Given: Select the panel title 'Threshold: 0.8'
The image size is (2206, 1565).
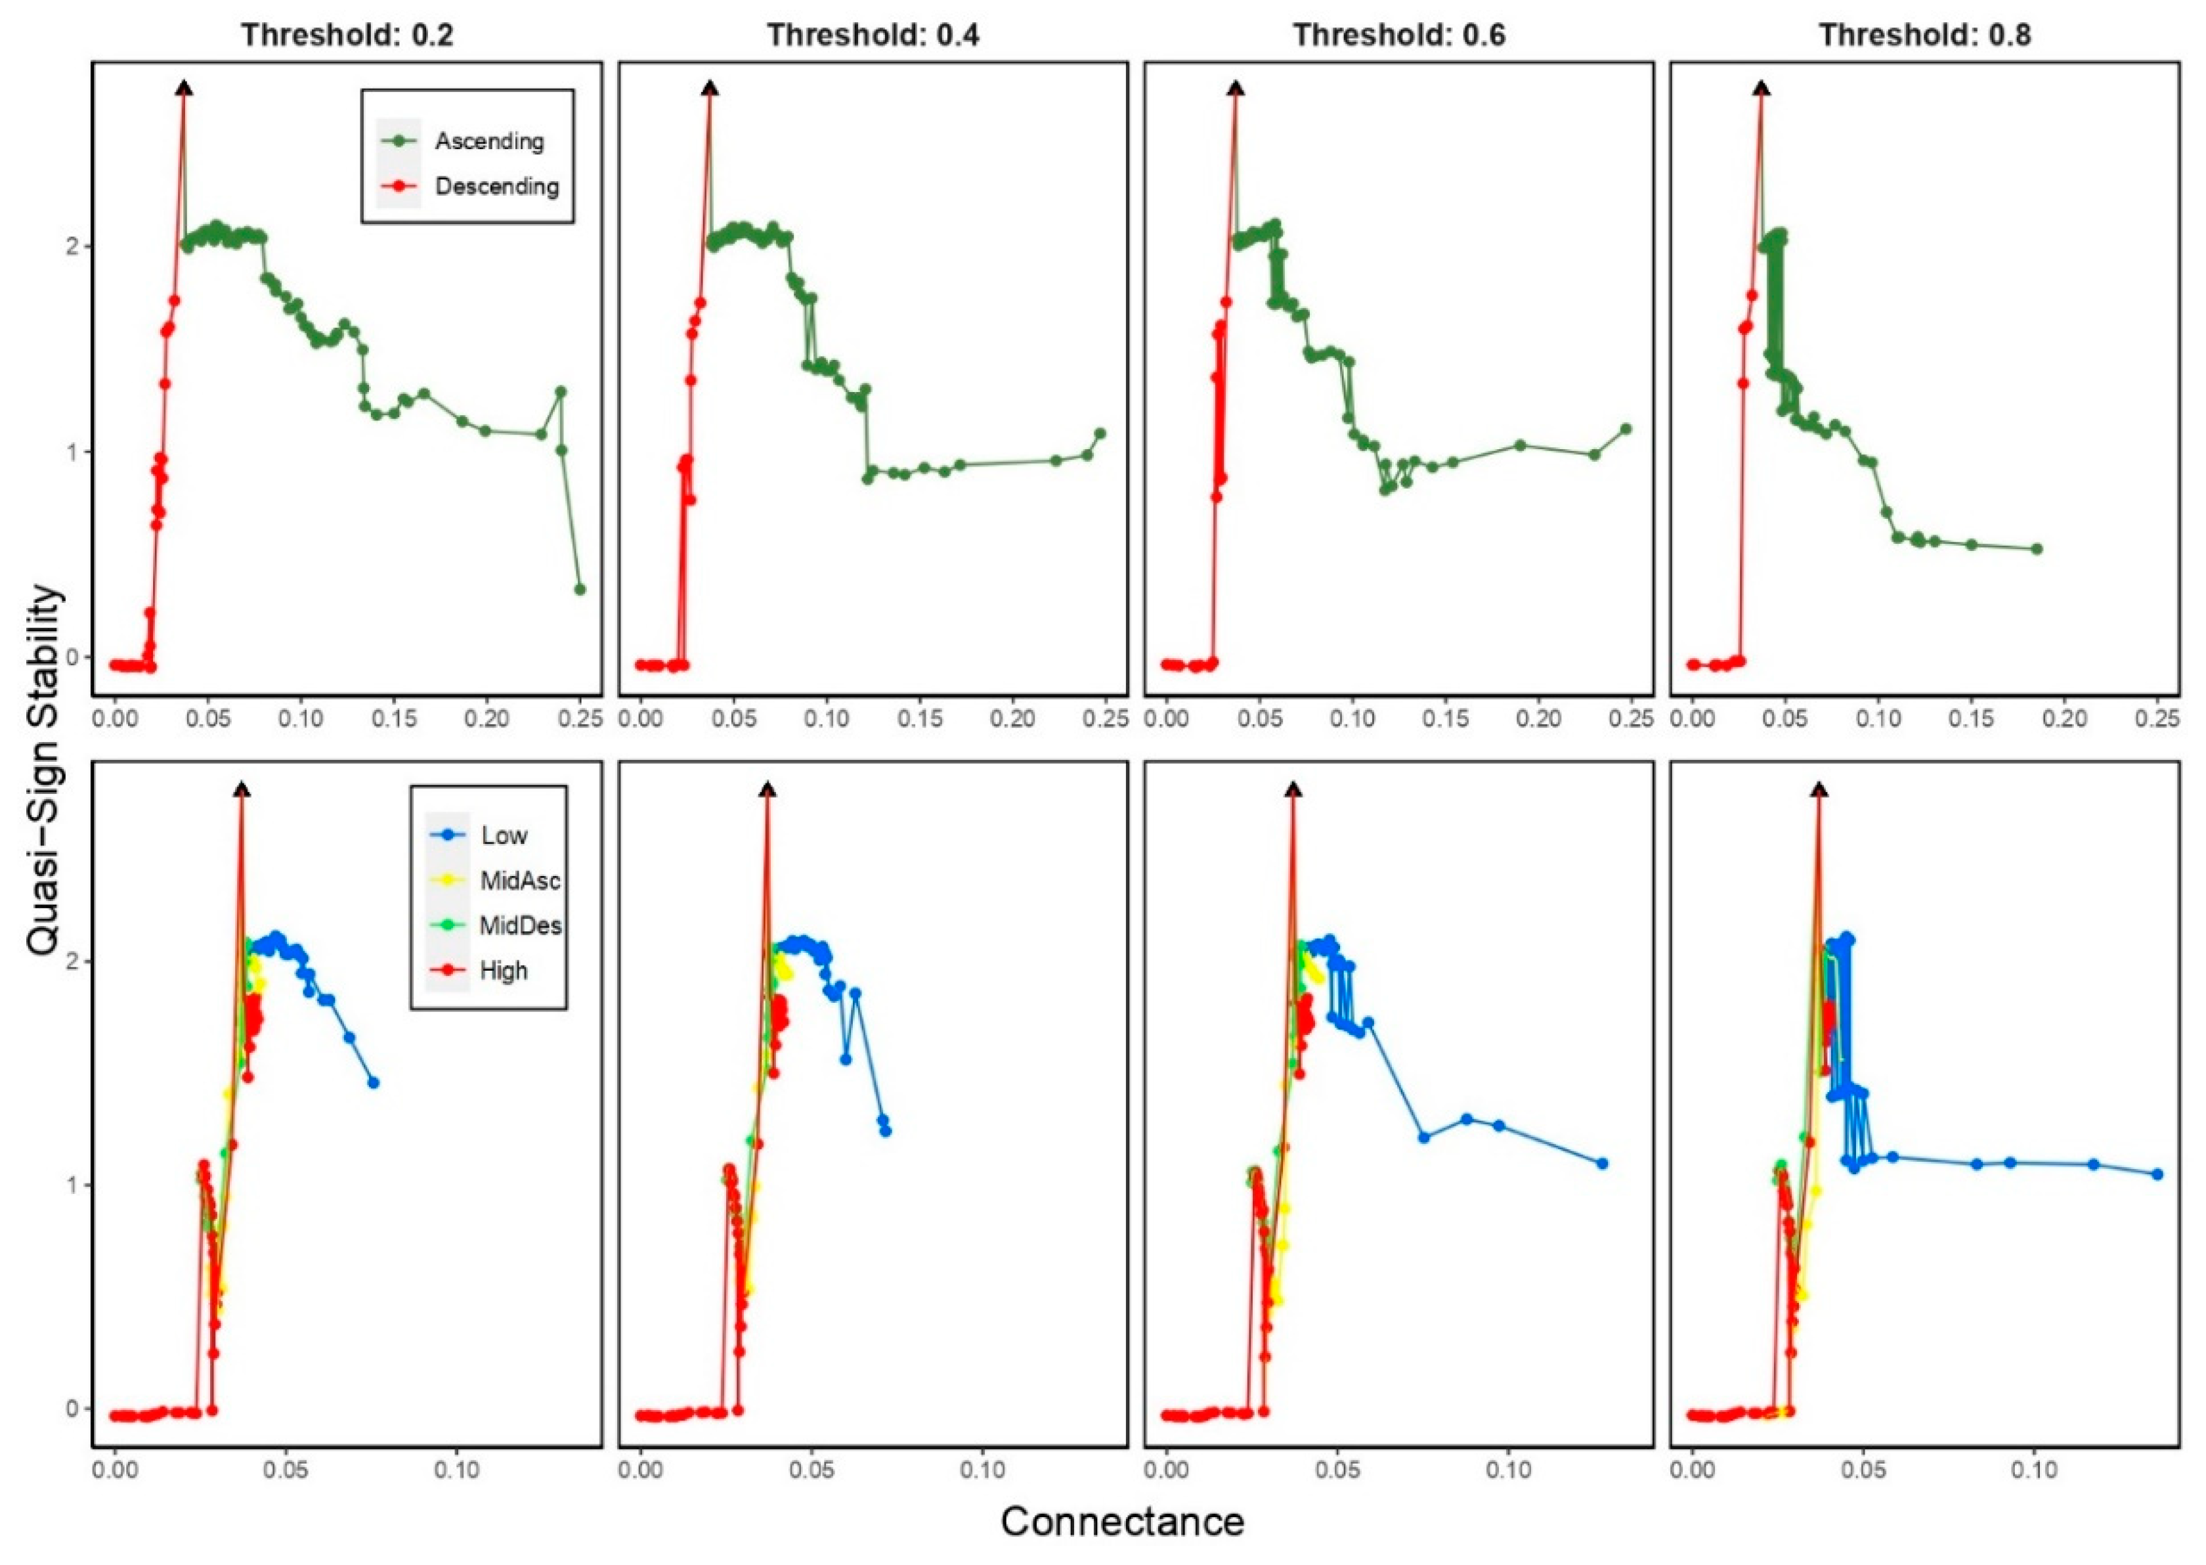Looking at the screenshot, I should (1925, 35).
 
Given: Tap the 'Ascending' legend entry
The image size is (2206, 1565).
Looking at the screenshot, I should (488, 142).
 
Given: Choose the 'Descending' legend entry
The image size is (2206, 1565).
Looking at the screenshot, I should (496, 186).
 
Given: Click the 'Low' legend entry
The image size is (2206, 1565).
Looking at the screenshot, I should (504, 835).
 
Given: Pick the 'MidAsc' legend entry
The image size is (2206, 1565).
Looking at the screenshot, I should (519, 881).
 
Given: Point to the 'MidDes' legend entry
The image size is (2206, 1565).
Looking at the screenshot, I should (520, 926).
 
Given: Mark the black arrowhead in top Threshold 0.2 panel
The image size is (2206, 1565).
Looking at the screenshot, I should (184, 89).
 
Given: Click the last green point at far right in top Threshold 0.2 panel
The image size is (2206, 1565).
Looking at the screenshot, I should (580, 589).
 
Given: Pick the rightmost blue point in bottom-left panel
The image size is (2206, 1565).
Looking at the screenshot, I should (374, 1083).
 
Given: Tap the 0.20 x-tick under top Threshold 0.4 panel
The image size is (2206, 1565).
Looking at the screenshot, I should (1014, 720).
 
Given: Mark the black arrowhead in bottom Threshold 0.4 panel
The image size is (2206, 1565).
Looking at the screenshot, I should (767, 790).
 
